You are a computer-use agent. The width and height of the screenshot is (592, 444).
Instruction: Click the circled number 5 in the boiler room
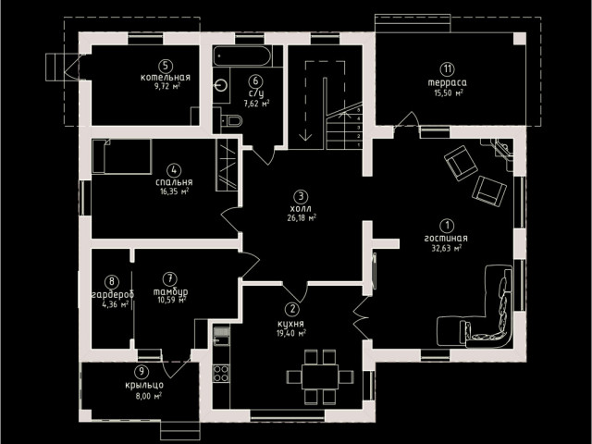click(166, 67)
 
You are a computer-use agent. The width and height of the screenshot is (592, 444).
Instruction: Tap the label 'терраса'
click(447, 82)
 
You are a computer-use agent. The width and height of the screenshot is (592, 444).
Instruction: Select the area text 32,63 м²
click(447, 248)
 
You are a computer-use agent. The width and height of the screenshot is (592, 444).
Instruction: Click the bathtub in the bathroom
click(242, 56)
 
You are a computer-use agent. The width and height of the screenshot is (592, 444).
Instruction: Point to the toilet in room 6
click(232, 120)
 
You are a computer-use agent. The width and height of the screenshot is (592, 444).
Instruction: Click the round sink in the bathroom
click(222, 86)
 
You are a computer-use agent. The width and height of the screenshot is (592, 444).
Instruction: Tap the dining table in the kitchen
click(319, 376)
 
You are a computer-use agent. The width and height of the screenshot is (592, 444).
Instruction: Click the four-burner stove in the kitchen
click(221, 373)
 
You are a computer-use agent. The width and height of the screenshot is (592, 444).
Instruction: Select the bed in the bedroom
click(121, 156)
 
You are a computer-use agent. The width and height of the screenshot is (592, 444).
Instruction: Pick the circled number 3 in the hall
click(301, 196)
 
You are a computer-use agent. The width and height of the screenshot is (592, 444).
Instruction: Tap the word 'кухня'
click(290, 324)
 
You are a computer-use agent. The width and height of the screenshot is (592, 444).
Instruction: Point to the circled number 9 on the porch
click(142, 371)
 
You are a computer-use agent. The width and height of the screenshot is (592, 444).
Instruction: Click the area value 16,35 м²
click(175, 191)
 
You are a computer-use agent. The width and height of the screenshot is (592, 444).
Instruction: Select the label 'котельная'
click(166, 78)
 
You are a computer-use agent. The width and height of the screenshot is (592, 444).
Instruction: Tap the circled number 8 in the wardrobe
click(112, 281)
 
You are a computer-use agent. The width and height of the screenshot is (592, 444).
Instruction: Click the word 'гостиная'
click(446, 239)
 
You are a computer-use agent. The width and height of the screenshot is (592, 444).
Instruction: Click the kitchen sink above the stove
click(221, 337)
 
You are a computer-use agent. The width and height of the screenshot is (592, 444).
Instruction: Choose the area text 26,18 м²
click(302, 218)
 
